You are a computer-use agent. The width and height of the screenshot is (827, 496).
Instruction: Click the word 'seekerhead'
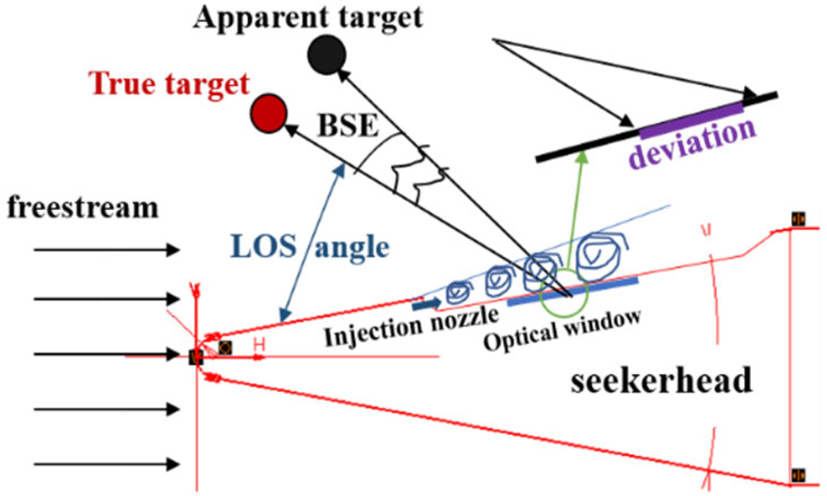point(661,381)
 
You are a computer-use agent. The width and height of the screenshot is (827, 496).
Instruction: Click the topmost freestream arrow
point(106,250)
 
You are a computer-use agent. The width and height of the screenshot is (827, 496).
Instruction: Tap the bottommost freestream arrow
point(106,463)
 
